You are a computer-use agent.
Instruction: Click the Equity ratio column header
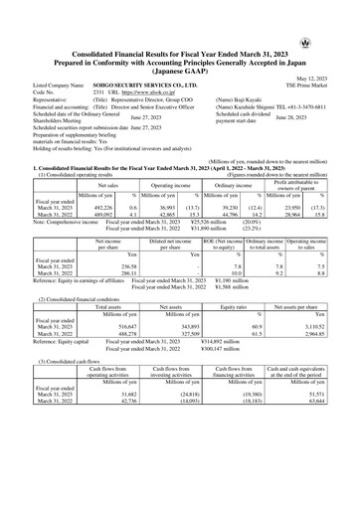(x=237, y=309)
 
